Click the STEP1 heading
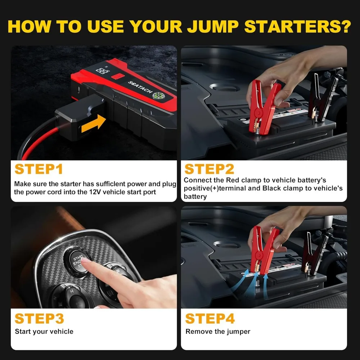coord(39,169)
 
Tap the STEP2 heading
coord(209,169)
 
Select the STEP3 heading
coord(39,319)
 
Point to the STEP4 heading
coord(210,319)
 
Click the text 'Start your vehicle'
coord(44,331)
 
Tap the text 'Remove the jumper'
coord(218,331)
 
